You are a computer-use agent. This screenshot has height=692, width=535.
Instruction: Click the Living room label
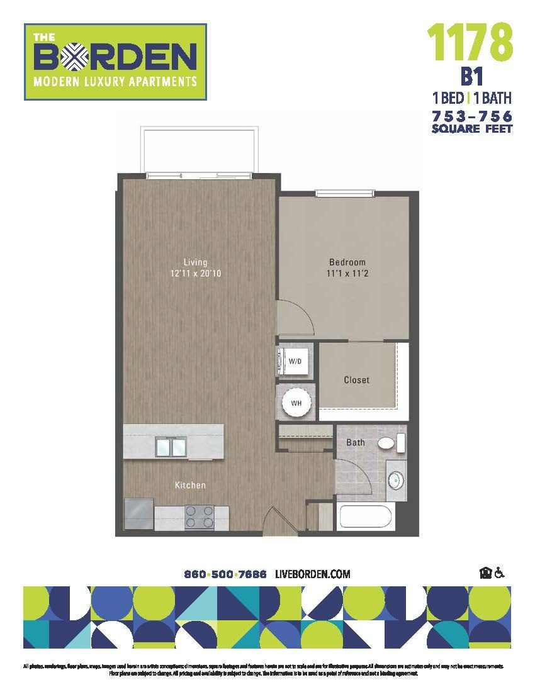[195, 262]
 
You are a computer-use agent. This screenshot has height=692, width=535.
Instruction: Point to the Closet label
[356, 380]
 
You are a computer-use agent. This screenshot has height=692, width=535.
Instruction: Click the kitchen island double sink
[171, 447]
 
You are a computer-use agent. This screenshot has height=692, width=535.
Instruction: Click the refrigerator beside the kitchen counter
[138, 516]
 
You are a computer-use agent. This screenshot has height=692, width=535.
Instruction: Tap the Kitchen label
[190, 486]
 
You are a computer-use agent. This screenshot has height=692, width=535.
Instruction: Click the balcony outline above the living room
[200, 151]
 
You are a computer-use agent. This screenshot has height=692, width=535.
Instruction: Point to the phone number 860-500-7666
[225, 574]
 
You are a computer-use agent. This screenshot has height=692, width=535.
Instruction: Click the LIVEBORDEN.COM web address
[313, 574]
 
